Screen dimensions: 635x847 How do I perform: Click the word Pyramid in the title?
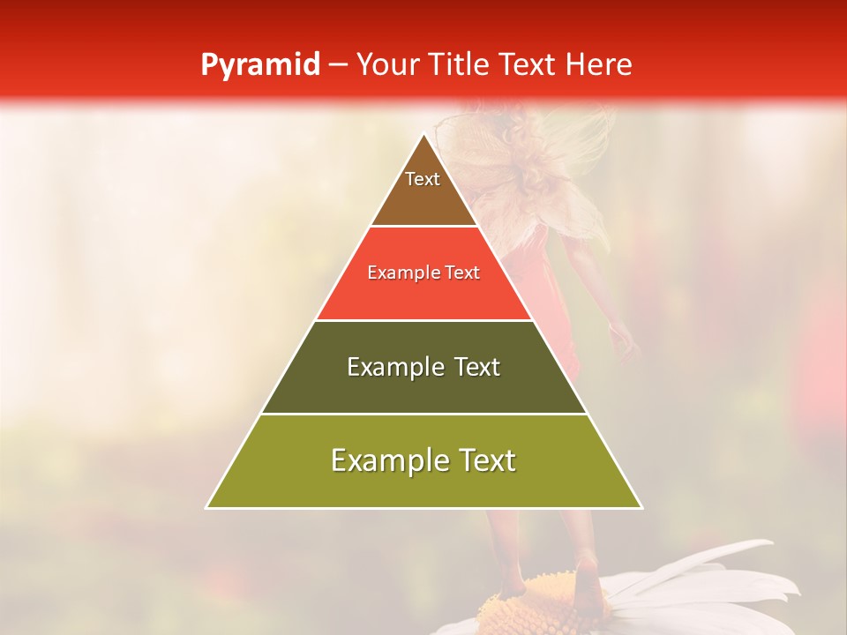tap(259, 65)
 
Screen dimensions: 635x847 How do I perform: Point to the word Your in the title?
tap(387, 65)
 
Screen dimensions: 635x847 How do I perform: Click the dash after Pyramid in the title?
tap(337, 65)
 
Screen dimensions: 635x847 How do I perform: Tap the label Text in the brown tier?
tap(423, 179)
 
